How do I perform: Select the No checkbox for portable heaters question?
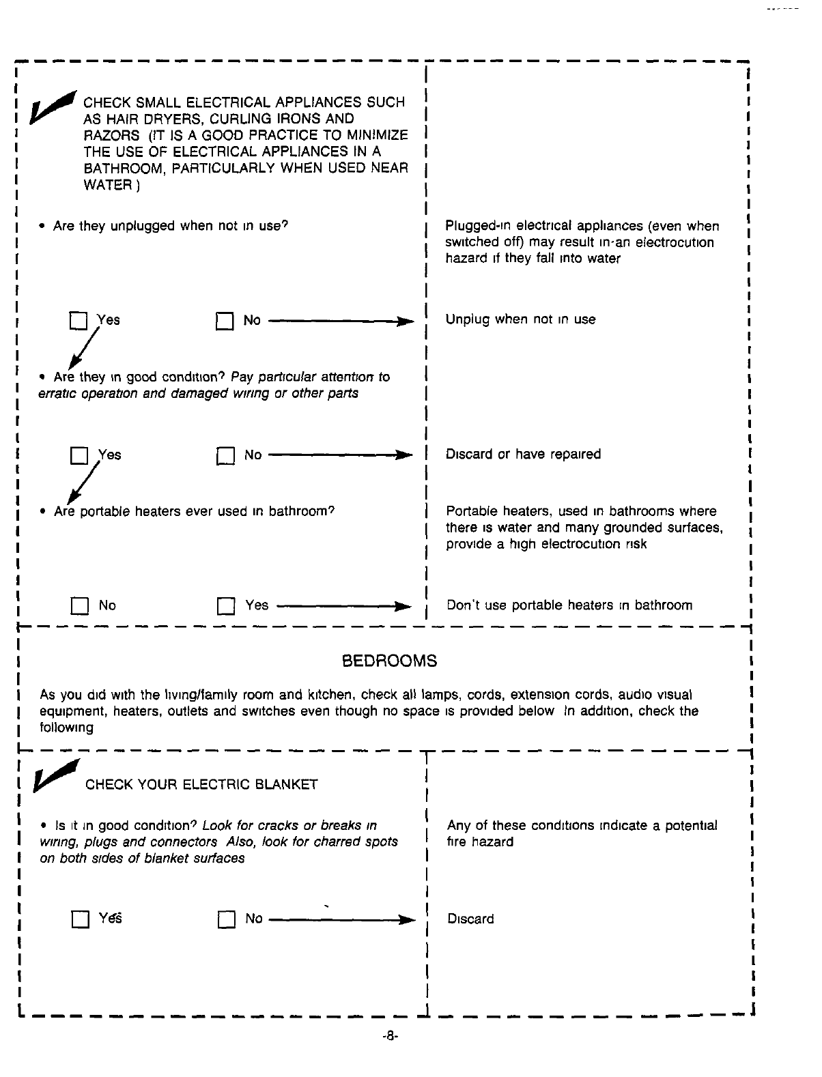click(79, 606)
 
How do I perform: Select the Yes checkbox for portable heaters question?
click(225, 606)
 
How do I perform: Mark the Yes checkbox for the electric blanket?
click(80, 920)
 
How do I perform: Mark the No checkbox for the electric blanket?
click(226, 920)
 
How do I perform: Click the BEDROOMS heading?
click(389, 661)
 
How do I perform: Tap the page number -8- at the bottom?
click(390, 1036)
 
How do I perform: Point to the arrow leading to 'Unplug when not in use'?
click(341, 321)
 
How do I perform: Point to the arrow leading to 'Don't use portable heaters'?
click(344, 606)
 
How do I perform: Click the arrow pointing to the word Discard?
click(341, 920)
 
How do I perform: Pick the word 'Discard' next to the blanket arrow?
click(470, 919)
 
